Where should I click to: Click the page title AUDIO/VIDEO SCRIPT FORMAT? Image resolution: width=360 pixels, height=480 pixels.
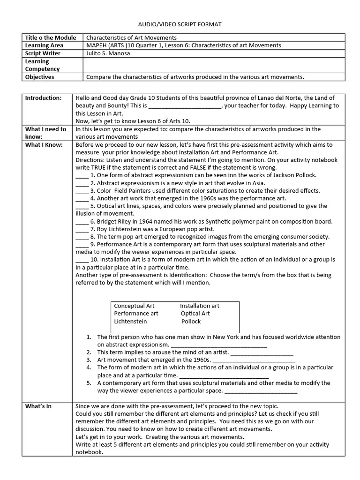[x=180, y=24]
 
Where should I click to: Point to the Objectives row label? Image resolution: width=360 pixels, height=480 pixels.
[x=39, y=77]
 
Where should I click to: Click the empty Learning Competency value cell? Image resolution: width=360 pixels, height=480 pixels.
[x=214, y=65]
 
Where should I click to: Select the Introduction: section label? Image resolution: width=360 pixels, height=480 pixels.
[x=43, y=98]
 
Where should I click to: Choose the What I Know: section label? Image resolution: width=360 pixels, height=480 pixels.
[x=44, y=145]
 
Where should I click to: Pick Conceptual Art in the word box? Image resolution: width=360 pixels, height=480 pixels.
[x=134, y=306]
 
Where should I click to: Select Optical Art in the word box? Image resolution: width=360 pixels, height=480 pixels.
[x=195, y=314]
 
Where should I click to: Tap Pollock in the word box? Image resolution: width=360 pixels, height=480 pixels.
[x=191, y=322]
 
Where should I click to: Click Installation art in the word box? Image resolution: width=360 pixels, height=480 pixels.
[x=199, y=306]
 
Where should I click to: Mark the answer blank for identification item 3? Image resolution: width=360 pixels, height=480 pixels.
[x=254, y=360]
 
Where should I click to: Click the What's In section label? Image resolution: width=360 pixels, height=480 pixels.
[x=38, y=406]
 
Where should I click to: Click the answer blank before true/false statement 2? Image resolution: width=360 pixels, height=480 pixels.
[x=82, y=183]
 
